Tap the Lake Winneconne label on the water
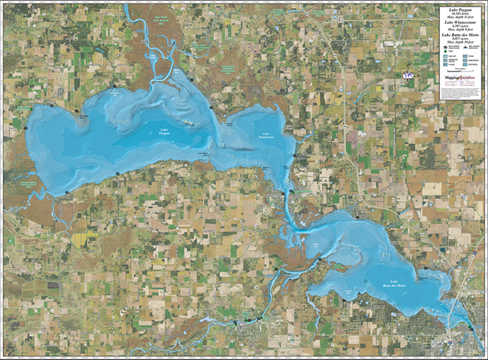click(264, 136)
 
